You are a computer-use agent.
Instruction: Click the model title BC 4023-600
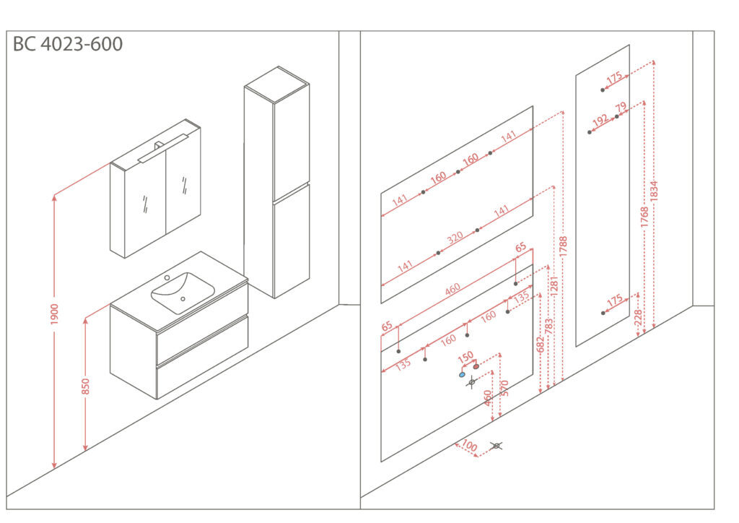pos(68,44)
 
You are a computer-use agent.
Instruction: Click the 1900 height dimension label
pos(55,314)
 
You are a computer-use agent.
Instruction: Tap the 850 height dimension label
pos(85,386)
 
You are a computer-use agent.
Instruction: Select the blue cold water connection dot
pos(462,375)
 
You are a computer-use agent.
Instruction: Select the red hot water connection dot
pos(476,366)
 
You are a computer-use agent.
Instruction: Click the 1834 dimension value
pos(654,191)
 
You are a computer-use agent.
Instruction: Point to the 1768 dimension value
pos(644,217)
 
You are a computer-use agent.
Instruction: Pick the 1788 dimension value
pos(563,246)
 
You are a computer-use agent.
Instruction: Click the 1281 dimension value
pos(554,286)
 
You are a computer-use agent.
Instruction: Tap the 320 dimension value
pos(455,237)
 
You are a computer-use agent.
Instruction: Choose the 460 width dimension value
pos(452,289)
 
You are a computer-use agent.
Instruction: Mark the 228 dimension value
pos(638,318)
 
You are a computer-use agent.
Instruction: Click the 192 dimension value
pos(600,121)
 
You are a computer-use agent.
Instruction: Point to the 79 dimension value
pos(621,107)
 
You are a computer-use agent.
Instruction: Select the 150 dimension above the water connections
pos(465,358)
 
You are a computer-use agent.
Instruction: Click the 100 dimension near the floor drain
pos(469,445)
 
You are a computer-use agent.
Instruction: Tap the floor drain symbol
pos(496,446)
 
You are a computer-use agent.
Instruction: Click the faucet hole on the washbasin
pos(167,278)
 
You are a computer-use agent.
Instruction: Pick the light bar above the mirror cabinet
pos(163,148)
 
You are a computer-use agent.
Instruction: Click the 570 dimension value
pos(504,388)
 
